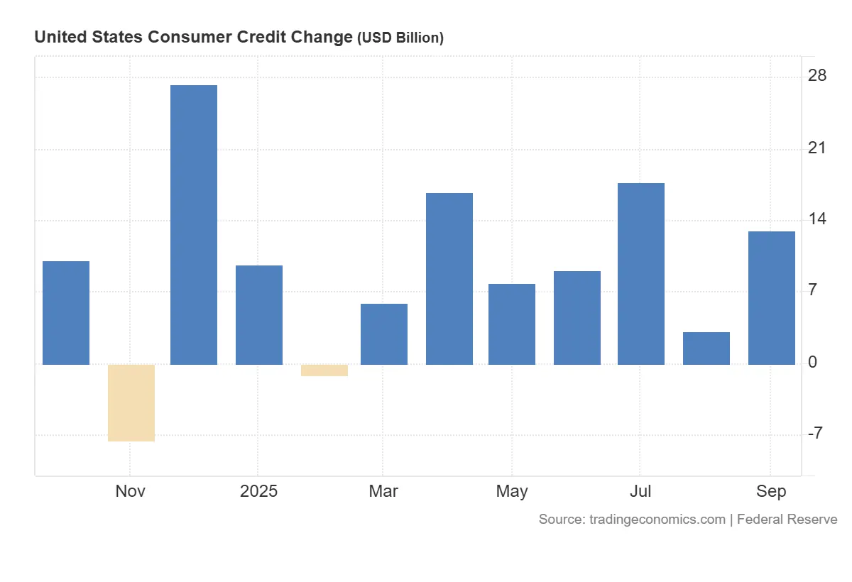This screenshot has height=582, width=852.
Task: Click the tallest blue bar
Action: [194, 224]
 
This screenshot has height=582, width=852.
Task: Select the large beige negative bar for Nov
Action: [131, 402]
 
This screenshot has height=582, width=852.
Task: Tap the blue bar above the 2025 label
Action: [259, 314]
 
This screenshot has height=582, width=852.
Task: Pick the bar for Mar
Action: [384, 334]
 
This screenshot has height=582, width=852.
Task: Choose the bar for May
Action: [512, 324]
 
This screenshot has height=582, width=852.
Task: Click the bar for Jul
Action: [641, 273]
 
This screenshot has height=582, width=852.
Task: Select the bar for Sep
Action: [772, 297]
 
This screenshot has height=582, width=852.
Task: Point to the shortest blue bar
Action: [706, 348]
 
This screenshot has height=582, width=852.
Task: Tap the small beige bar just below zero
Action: [324, 370]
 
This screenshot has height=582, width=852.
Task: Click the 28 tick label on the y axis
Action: [817, 76]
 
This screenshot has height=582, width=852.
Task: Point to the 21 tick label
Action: [817, 148]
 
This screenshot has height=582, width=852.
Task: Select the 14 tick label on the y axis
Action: [817, 219]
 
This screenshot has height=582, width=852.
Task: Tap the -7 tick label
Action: [815, 434]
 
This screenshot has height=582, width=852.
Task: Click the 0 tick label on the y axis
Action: [813, 363]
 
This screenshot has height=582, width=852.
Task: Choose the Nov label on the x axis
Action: [131, 491]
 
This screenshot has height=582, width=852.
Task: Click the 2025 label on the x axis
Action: [259, 491]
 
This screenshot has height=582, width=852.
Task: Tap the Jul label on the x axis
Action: [640, 491]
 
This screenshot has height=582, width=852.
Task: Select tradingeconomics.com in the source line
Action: [657, 520]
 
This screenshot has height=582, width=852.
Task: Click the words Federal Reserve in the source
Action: [787, 520]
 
